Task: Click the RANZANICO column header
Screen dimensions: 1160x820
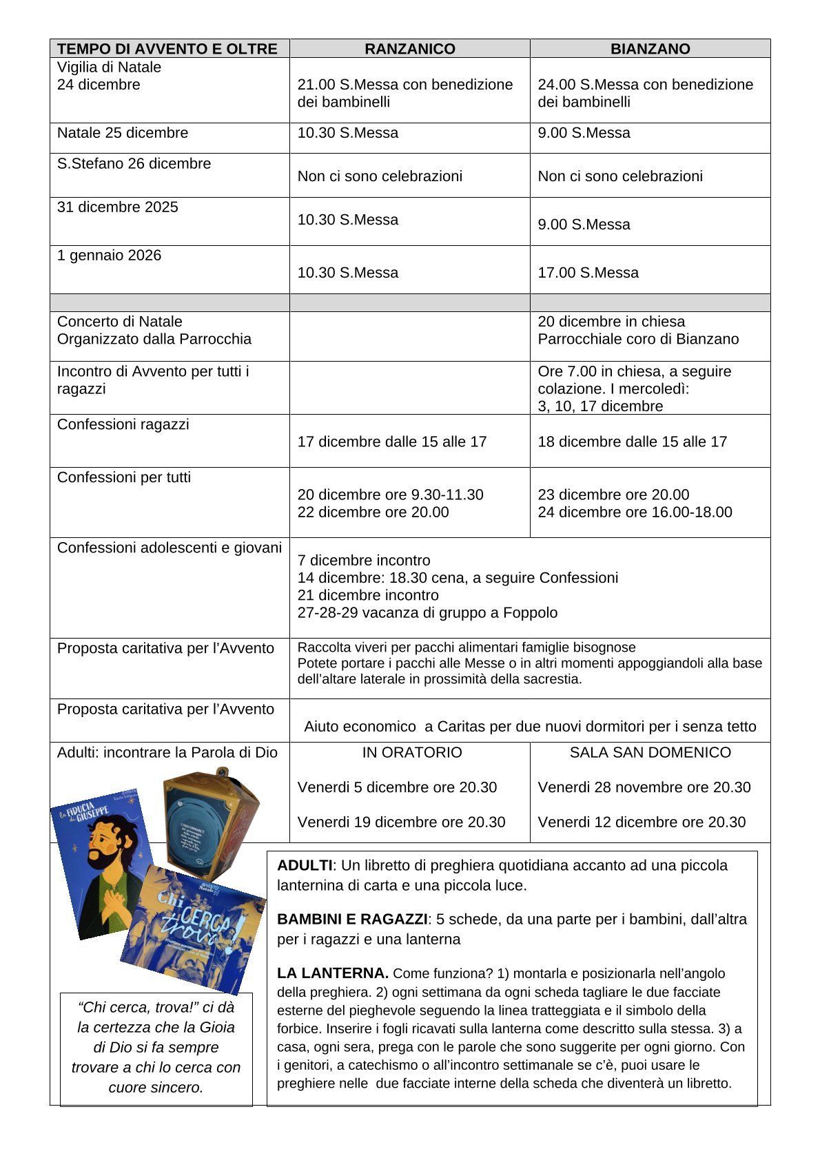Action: [x=409, y=49]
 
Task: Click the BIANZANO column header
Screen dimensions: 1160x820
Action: [x=650, y=49]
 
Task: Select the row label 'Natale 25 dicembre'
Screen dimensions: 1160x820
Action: [x=123, y=133]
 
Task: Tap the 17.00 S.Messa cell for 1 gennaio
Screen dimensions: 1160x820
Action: [x=588, y=273]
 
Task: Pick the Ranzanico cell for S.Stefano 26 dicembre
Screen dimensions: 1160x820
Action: [x=380, y=176]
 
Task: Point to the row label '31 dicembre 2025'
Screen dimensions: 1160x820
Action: [x=118, y=207]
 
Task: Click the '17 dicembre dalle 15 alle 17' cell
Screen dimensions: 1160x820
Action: [x=392, y=442]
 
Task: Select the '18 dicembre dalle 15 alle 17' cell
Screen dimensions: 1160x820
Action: [x=632, y=442]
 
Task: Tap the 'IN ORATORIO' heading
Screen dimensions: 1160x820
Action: [x=412, y=753]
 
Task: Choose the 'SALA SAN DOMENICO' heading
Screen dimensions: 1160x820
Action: [x=650, y=753]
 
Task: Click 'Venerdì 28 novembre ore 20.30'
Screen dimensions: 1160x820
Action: [x=644, y=787]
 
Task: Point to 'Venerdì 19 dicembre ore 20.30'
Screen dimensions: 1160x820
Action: [x=401, y=822]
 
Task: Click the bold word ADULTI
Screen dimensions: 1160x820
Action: [x=304, y=866]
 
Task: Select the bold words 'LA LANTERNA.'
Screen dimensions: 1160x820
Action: [x=333, y=974]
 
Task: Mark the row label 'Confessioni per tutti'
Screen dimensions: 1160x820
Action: [x=124, y=478]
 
